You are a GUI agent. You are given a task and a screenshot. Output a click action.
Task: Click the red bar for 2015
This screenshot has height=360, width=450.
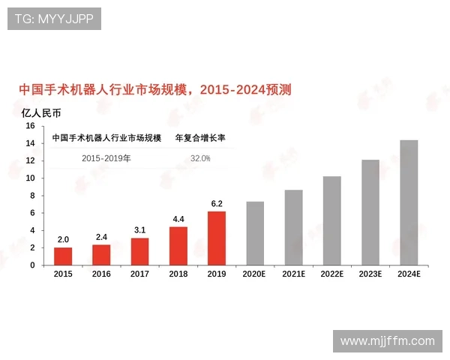point(63,256)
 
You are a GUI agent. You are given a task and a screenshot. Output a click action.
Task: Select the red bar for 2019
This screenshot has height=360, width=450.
point(217,238)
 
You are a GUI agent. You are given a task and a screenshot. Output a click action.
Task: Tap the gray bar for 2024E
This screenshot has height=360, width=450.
point(409,202)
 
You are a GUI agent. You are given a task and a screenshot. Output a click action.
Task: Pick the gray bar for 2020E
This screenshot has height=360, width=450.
point(255,232)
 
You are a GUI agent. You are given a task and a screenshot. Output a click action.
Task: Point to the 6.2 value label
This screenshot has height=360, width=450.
point(217,203)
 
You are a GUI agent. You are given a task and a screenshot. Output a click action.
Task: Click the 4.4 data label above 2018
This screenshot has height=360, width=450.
point(178,219)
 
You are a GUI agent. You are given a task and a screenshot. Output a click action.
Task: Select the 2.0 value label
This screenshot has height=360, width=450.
point(63,239)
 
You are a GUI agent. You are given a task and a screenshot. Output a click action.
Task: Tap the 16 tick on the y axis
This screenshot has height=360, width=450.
point(31,126)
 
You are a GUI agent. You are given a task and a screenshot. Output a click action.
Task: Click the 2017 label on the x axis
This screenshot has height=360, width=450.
point(140,275)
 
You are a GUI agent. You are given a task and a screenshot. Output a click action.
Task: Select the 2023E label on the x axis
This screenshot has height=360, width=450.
point(370,275)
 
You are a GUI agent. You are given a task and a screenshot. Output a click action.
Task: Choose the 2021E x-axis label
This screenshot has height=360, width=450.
point(293,275)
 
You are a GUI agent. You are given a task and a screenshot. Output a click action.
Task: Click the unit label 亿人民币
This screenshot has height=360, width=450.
point(41,113)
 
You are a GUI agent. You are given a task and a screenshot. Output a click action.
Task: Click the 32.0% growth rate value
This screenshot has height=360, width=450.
point(200,159)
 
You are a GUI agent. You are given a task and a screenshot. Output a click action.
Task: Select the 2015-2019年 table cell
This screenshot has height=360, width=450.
point(106,159)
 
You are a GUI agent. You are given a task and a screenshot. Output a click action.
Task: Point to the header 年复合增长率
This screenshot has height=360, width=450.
point(200,138)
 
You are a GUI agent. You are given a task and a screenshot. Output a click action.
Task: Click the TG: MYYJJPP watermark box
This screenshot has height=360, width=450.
point(54,19)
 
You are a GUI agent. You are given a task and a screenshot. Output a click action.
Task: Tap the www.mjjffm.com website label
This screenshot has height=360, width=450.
point(387,341)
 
